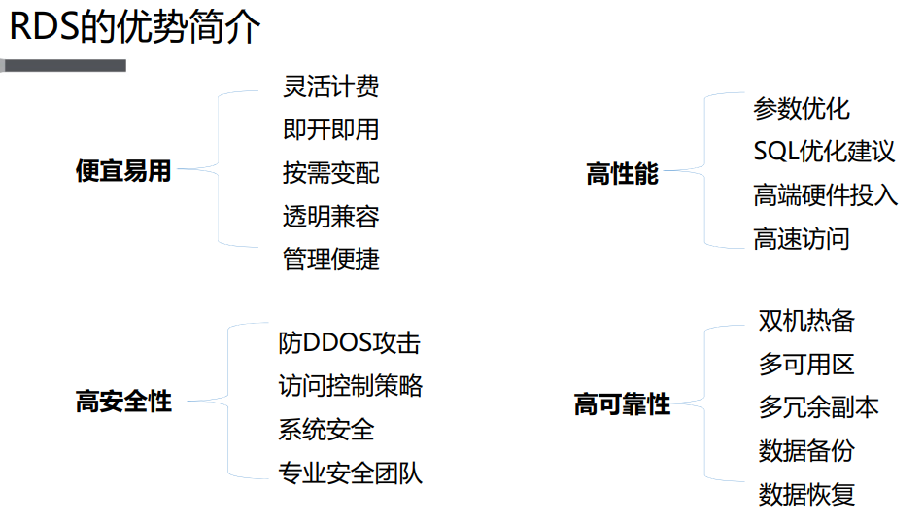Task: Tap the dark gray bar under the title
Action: tap(64, 66)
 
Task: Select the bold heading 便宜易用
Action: tap(123, 171)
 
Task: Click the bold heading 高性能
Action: tap(622, 175)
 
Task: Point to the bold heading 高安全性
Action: tap(123, 402)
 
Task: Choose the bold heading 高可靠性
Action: tap(622, 404)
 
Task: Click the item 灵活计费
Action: tap(330, 87)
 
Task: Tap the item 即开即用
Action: tap(330, 129)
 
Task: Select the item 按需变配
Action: tap(330, 173)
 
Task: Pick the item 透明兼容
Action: tap(330, 216)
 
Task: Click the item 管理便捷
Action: tap(330, 260)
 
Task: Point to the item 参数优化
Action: tap(802, 108)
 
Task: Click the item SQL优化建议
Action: tap(824, 152)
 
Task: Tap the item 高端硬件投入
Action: tap(825, 194)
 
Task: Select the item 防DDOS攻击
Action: tap(349, 343)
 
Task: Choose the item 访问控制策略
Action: tap(350, 386)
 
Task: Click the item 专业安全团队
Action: tap(350, 473)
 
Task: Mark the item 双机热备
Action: tap(806, 321)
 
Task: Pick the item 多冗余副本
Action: tap(818, 407)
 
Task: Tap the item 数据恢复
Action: tap(806, 494)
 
